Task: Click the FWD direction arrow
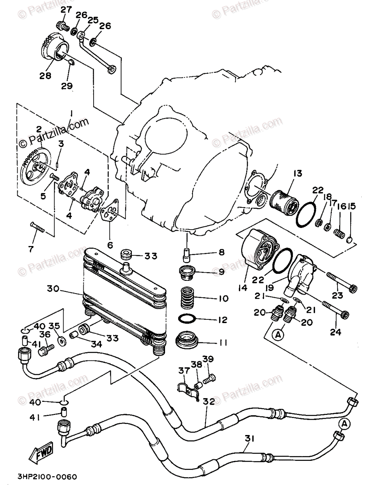point(41,454)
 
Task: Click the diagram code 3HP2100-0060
point(47,477)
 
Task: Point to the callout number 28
point(45,75)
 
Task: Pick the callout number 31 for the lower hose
point(250,438)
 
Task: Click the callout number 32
point(209,402)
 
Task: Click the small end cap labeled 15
point(350,239)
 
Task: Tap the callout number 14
point(242,287)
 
